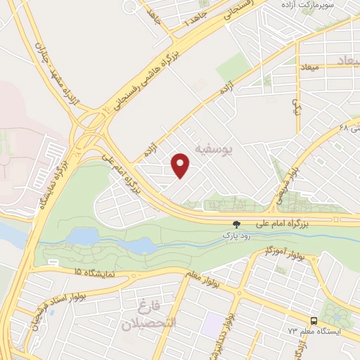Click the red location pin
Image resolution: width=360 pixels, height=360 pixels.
[x=181, y=165]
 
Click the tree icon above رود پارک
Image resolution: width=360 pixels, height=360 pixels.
[x=236, y=224]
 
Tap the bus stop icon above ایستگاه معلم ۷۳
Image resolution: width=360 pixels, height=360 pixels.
[x=314, y=321]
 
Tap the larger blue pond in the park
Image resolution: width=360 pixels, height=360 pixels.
[x=82, y=237]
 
